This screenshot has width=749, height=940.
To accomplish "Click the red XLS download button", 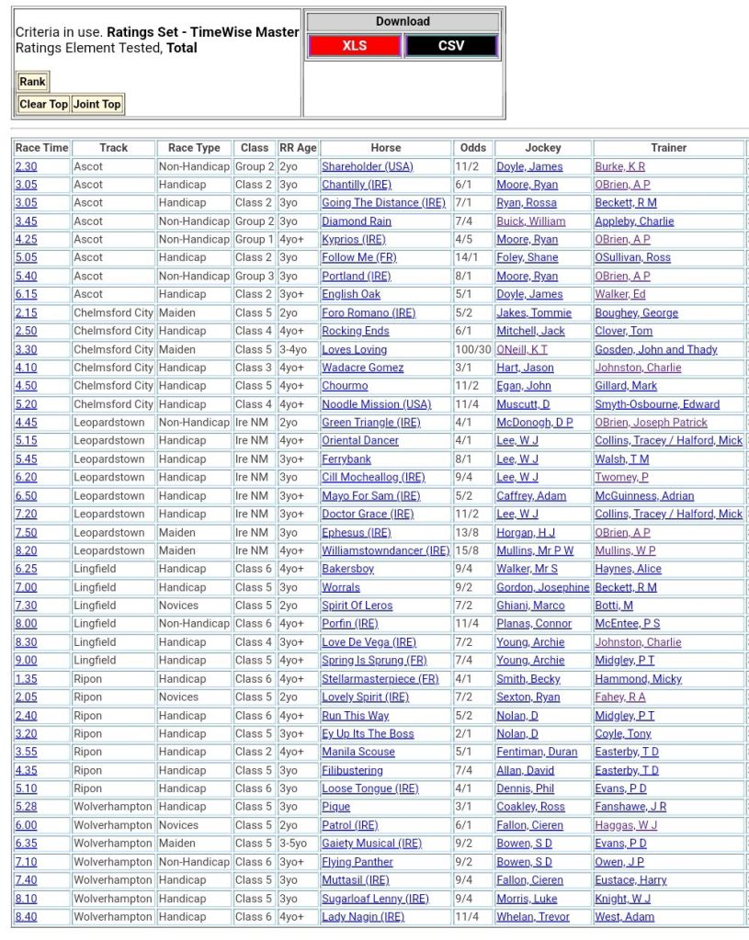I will (354, 45).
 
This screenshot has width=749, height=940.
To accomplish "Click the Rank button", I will (32, 82).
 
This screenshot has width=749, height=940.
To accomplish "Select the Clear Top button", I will (43, 104).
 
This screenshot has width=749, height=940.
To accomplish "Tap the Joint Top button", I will (97, 104).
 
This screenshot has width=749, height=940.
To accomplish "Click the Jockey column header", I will (542, 148).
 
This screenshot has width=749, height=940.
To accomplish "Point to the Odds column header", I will (473, 148).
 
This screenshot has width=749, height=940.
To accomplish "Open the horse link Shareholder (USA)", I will (368, 166).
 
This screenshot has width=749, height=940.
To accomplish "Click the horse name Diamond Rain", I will (357, 221).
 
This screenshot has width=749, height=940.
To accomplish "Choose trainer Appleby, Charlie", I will (634, 221).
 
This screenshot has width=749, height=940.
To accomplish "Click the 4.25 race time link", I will (26, 240).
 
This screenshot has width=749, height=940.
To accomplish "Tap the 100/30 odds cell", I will (473, 349).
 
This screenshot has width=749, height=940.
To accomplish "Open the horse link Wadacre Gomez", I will (363, 368).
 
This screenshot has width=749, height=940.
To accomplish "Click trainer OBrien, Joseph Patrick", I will (651, 423).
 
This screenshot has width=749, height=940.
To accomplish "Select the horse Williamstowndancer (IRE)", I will (385, 550).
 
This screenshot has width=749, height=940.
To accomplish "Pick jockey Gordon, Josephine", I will (542, 587).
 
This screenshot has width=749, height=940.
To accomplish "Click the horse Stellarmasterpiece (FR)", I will (380, 679).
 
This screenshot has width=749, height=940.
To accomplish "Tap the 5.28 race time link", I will (26, 807).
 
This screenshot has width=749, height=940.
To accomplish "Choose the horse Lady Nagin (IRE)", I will (363, 917).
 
